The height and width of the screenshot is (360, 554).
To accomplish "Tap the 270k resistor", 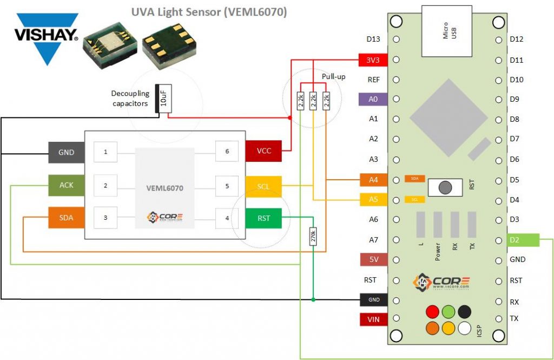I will pyautogui.click(x=313, y=237).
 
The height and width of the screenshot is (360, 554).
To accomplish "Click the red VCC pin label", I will pyautogui.click(x=263, y=151).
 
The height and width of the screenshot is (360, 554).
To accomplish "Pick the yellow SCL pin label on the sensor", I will pyautogui.click(x=263, y=186).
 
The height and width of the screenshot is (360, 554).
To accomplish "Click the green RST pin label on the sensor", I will pyautogui.click(x=263, y=218).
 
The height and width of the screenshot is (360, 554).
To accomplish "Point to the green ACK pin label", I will pyautogui.click(x=67, y=185).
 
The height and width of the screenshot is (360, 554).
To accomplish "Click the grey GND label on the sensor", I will pyautogui.click(x=67, y=153).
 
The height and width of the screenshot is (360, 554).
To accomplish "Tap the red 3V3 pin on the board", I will pyautogui.click(x=373, y=59).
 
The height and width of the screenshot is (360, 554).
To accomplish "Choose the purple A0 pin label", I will pyautogui.click(x=373, y=99).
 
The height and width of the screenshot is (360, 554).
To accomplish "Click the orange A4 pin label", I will pyautogui.click(x=373, y=179).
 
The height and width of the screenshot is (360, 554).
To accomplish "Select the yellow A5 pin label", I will pyautogui.click(x=373, y=199).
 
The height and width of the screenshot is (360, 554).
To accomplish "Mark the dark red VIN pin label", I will pyautogui.click(x=373, y=319).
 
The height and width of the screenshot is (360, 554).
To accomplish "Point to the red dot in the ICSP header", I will pyautogui.click(x=432, y=312).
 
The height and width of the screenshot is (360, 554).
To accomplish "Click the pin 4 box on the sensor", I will pyautogui.click(x=227, y=218).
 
